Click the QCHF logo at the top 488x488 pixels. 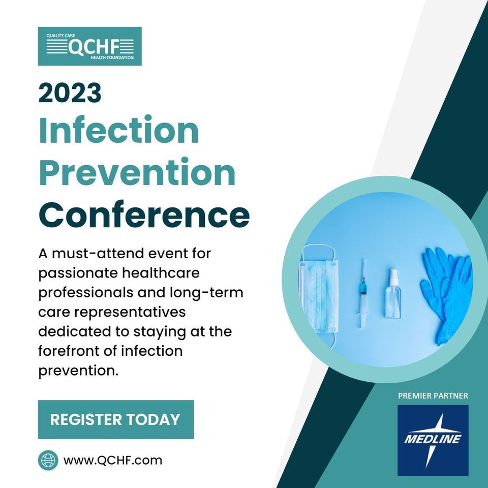point(90,46)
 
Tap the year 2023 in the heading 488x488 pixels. point(70,93)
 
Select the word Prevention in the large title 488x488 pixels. point(137,173)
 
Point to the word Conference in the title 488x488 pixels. point(144,215)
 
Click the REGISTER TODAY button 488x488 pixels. point(115,419)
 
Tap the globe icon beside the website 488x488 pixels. point(48,461)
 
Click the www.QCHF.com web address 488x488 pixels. point(112,461)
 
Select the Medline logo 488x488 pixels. point(433,440)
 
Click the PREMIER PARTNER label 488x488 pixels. point(433,395)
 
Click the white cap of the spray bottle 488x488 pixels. point(393,277)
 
